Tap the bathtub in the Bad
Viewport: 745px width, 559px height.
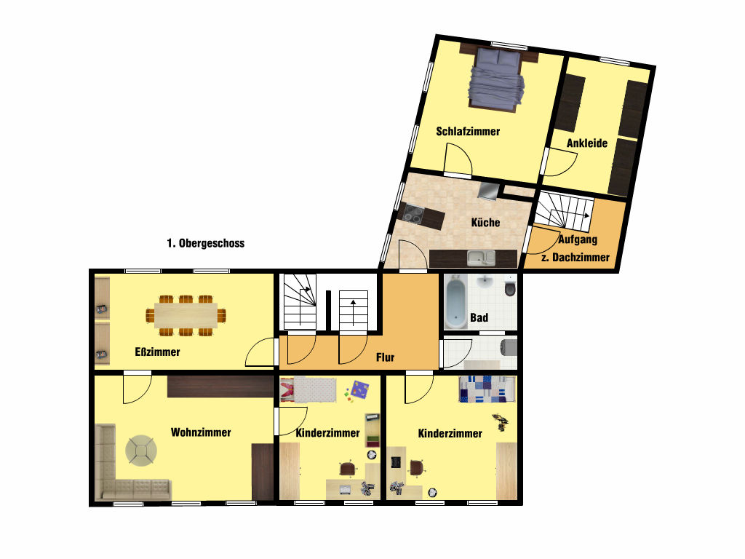click(457, 304)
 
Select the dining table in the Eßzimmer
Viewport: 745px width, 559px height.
click(186, 316)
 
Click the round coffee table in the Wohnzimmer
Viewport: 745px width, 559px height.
click(141, 451)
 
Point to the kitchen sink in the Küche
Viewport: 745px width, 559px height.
click(481, 258)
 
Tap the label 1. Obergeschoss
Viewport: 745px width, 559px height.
click(206, 243)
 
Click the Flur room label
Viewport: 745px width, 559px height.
click(385, 357)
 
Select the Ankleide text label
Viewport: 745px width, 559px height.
click(587, 143)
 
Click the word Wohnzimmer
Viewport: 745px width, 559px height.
click(201, 432)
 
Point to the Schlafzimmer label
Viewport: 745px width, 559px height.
click(468, 132)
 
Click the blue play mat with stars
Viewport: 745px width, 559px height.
click(360, 390)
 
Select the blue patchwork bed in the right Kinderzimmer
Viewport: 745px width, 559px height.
click(487, 389)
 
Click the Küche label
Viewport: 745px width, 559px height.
click(485, 223)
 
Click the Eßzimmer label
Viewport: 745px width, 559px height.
click(157, 352)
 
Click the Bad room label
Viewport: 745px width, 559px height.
click(479, 317)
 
